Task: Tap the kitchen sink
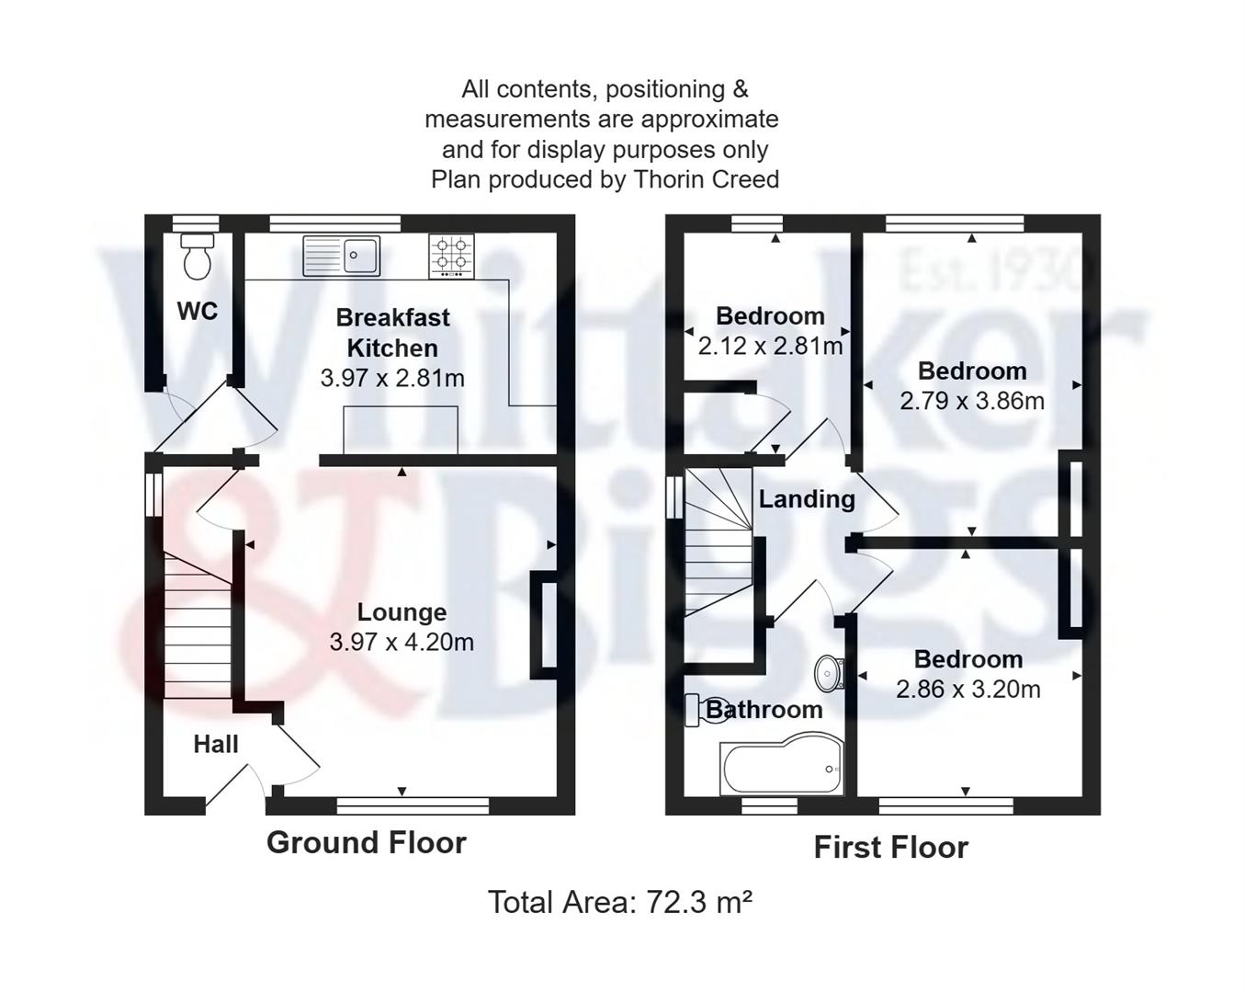click(x=342, y=255)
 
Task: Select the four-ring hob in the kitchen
click(x=452, y=255)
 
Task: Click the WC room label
click(x=198, y=312)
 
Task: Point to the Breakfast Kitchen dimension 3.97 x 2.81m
click(x=392, y=378)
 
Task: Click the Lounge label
click(x=402, y=612)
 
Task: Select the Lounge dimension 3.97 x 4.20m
click(x=402, y=642)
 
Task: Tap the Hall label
click(x=216, y=744)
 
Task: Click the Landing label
click(x=807, y=499)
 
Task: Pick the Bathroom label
click(x=764, y=710)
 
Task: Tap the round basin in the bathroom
click(x=829, y=672)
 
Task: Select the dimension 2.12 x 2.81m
click(x=770, y=347)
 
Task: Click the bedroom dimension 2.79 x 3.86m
click(x=972, y=401)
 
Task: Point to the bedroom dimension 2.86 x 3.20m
click(x=968, y=689)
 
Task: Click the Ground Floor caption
click(x=367, y=842)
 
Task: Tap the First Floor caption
click(x=890, y=847)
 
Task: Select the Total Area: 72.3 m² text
click(x=620, y=902)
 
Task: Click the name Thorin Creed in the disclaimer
click(x=707, y=179)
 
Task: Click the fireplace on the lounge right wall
click(x=545, y=626)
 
